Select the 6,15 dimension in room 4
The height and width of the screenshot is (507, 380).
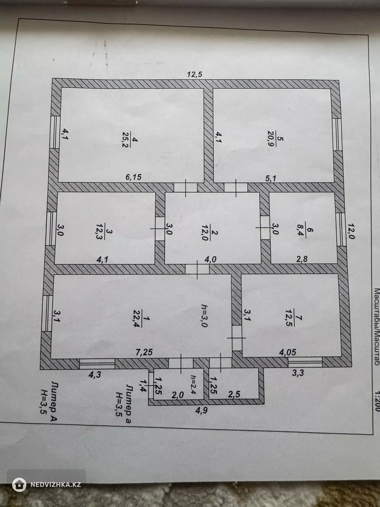point(134,177)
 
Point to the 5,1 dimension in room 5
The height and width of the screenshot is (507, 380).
point(270,178)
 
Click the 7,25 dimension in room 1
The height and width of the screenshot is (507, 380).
point(144,352)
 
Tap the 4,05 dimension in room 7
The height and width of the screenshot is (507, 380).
point(288,352)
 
